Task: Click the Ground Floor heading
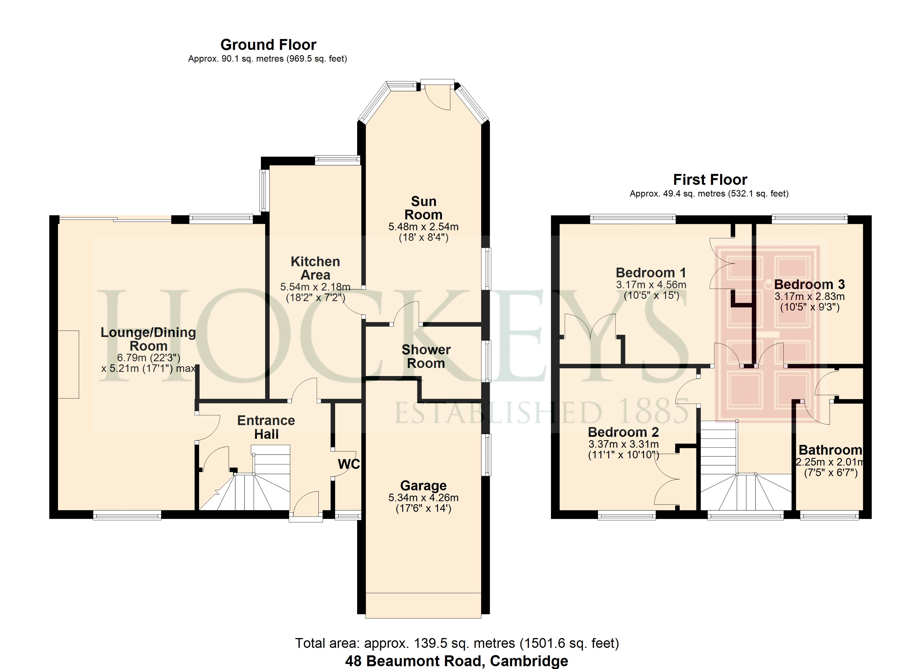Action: click(268, 45)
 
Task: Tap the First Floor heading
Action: click(710, 180)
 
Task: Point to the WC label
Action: click(348, 464)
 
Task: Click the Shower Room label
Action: click(426, 357)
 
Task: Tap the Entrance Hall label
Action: click(266, 427)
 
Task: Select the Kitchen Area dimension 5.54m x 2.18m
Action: click(315, 287)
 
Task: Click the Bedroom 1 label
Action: click(651, 273)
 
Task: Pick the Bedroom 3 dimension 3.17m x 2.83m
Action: click(810, 297)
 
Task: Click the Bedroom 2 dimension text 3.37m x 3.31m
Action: click(623, 445)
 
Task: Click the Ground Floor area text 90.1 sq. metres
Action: click(268, 59)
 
